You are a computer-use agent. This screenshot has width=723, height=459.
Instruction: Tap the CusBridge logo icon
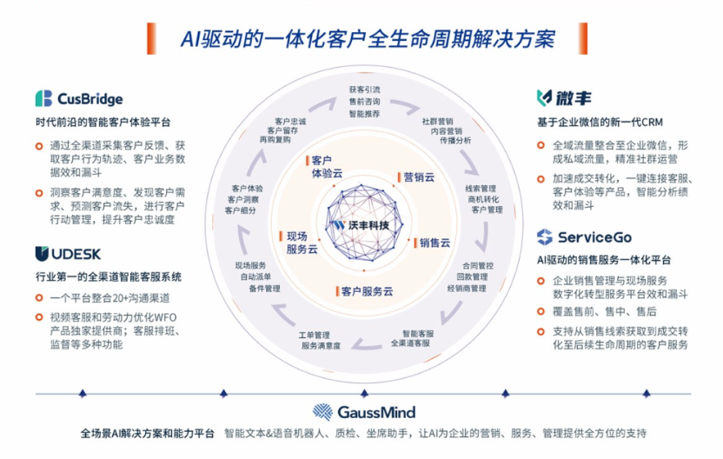coord(43,98)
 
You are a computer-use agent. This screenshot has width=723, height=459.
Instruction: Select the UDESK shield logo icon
coord(43,253)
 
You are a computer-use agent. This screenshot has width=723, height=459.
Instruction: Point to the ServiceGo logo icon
coord(545,237)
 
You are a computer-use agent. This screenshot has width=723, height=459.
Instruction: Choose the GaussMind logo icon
coord(323,411)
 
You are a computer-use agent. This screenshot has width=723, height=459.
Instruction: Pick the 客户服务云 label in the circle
coord(368,290)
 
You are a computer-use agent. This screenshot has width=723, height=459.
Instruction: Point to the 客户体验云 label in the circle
coord(326,166)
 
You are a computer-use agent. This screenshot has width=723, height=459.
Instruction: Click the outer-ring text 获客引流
coord(364,90)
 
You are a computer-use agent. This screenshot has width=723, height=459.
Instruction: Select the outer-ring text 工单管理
coord(315,335)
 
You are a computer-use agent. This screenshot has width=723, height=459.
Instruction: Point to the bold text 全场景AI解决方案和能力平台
coord(148,433)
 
